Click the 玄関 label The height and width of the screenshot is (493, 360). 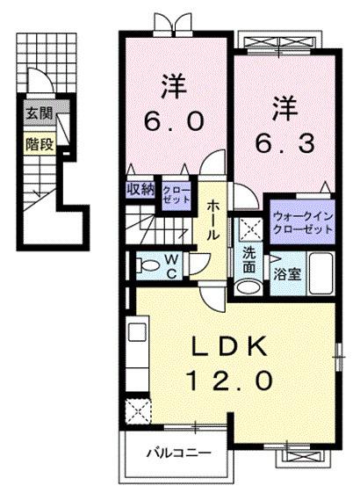[37, 113]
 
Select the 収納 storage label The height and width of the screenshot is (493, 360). [140, 188]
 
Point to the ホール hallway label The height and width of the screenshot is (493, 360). [213, 221]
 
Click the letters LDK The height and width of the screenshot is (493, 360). [231, 346]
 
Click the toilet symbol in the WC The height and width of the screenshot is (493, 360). [148, 264]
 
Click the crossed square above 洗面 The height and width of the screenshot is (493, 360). [250, 230]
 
